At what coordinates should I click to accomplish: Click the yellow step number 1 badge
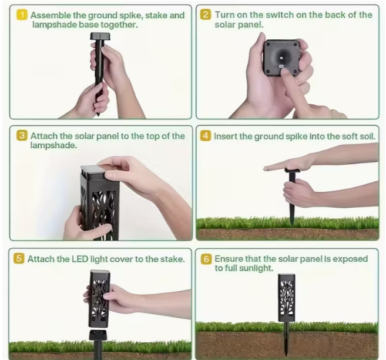coord(22,15)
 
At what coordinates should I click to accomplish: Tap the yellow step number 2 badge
coord(206,15)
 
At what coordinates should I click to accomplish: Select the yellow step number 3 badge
coord(22,136)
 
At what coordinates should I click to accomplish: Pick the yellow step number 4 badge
coord(206,136)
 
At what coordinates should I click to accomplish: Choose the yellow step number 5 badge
coord(19,259)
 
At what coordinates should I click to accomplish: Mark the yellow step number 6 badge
coord(206,259)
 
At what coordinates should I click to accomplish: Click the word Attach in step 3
coord(44,136)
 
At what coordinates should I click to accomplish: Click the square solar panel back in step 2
coord(281,58)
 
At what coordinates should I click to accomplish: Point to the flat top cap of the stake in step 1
coord(100,36)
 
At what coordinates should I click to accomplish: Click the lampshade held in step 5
coord(99,299)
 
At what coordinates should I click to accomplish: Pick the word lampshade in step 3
coord(53,145)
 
